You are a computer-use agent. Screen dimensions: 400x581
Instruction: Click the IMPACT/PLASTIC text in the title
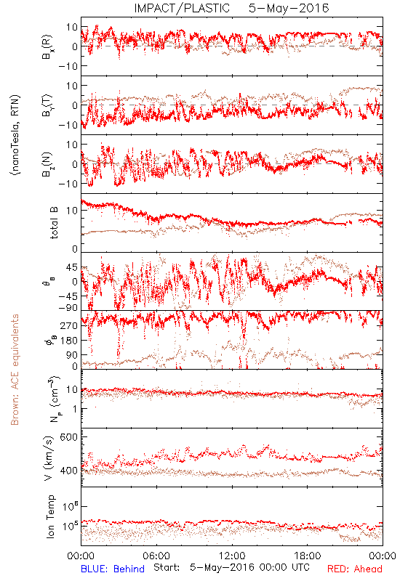pyautogui.click(x=182, y=8)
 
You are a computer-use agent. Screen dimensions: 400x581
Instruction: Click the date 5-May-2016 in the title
pyautogui.click(x=289, y=8)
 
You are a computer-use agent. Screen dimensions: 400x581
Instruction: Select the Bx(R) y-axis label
pyautogui.click(x=47, y=46)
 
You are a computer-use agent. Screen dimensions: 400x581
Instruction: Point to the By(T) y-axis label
pyautogui.click(x=47, y=105)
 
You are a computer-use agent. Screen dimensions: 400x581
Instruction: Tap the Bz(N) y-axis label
pyautogui.click(x=47, y=164)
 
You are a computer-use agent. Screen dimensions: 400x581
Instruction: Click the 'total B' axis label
pyautogui.click(x=54, y=223)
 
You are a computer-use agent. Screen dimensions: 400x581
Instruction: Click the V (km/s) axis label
pyautogui.click(x=49, y=458)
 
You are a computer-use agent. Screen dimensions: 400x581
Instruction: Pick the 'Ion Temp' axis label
pyautogui.click(x=50, y=516)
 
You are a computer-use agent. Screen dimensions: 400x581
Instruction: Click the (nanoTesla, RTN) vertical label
pyautogui.click(x=15, y=135)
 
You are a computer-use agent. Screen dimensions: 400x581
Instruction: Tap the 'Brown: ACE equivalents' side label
pyautogui.click(x=15, y=370)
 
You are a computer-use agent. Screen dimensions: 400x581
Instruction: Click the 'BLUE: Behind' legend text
pyautogui.click(x=113, y=569)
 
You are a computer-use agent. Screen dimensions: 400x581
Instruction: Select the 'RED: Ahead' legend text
pyautogui.click(x=355, y=569)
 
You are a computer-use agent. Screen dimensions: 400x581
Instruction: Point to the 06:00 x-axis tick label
pyautogui.click(x=156, y=556)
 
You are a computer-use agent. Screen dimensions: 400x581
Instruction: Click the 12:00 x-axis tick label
pyautogui.click(x=232, y=556)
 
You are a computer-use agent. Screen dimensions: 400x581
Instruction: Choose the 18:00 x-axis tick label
pyautogui.click(x=308, y=556)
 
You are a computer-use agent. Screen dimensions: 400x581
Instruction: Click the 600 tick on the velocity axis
pyautogui.click(x=68, y=437)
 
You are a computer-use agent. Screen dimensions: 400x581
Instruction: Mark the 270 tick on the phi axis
pyautogui.click(x=68, y=325)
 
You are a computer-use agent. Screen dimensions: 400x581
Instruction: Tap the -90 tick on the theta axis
pyautogui.click(x=68, y=308)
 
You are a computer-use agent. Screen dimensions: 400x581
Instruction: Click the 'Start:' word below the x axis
pyautogui.click(x=167, y=567)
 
